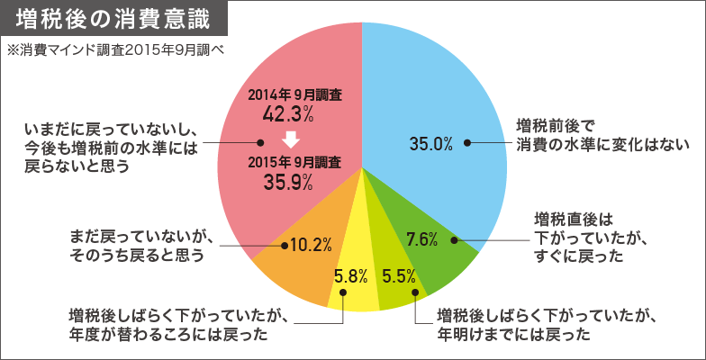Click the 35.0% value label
430,143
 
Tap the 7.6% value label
421,239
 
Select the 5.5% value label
397,275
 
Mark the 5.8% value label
351,275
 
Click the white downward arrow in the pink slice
289,139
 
